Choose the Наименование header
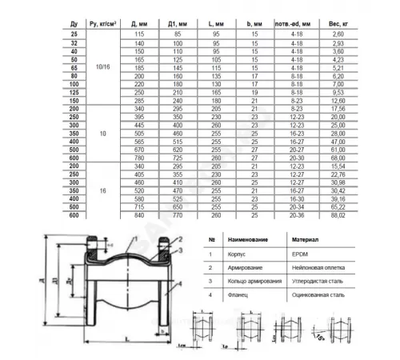pyautogui.click(x=244, y=239)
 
